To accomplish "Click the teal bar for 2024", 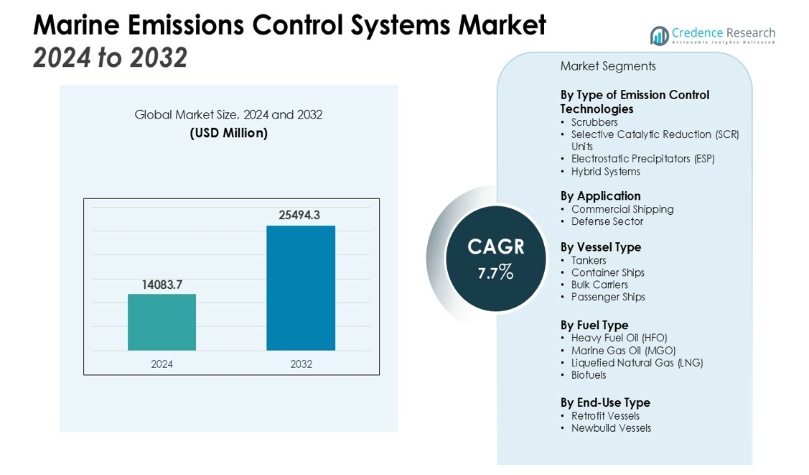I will (x=162, y=322).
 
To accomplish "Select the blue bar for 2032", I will (x=301, y=287).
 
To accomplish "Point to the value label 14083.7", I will (x=162, y=285).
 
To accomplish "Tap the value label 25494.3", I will (x=299, y=215).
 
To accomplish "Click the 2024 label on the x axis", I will (x=162, y=364).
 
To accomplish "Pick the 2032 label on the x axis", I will (x=301, y=364).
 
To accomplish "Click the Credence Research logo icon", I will (x=659, y=35).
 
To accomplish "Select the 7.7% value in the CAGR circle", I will (x=495, y=272).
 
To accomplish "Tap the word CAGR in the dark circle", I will (x=495, y=247).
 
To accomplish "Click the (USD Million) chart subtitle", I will (x=228, y=133).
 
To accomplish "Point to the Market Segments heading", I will (x=607, y=66).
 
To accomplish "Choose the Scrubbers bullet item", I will (x=594, y=122).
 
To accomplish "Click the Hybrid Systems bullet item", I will (x=605, y=172).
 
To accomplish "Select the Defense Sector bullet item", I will (x=607, y=221).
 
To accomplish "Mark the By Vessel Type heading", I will (x=600, y=247).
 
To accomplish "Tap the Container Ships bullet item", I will (x=607, y=272).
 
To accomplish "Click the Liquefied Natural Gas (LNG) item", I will (x=636, y=363).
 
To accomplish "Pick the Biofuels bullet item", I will (x=588, y=375).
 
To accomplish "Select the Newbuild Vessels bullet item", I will (x=610, y=428).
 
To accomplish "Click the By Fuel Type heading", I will (x=594, y=325).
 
